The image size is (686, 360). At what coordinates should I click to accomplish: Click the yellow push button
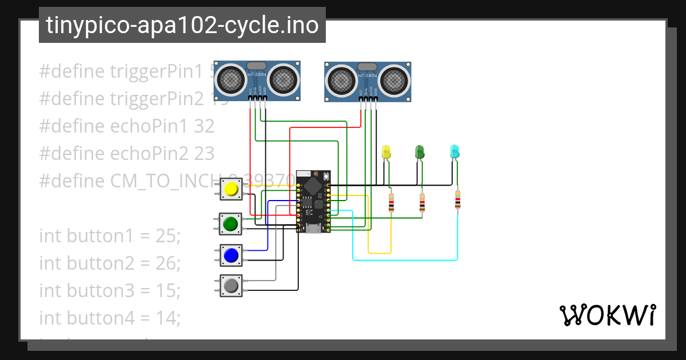point(232,190)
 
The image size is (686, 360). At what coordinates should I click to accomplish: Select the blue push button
point(232,255)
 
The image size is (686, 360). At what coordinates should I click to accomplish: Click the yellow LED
point(386,152)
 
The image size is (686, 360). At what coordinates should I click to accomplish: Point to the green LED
point(420,152)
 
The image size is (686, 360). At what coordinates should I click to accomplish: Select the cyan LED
point(455,152)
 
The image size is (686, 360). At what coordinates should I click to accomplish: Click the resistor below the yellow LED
point(391,202)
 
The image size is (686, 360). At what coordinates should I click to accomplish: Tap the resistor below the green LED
point(422,202)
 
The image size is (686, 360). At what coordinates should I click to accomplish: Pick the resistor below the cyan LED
point(457,201)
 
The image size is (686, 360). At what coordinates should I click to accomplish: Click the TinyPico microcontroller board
point(313,201)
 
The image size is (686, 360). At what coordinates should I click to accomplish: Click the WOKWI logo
point(607,315)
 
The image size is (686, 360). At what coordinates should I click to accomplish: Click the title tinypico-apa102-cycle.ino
point(182,25)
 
